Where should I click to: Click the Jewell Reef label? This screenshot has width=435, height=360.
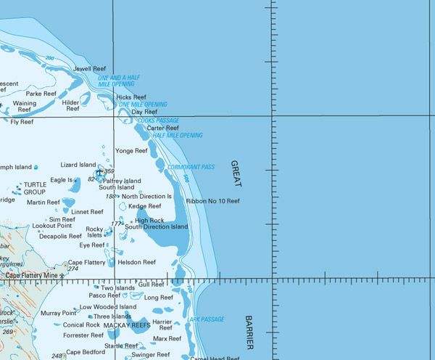click(90, 69)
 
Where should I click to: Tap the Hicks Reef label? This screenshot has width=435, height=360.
click(131, 97)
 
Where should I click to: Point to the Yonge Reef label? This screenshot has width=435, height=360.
click(131, 151)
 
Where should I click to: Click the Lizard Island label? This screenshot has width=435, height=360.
click(78, 165)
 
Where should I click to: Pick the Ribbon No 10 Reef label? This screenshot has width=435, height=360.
click(212, 200)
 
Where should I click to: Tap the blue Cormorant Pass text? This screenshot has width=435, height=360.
click(191, 167)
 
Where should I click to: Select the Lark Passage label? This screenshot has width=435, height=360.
click(202, 319)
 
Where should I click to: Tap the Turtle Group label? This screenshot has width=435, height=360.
click(34, 189)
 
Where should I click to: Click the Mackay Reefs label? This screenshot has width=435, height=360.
click(127, 326)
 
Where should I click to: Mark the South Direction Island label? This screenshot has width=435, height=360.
click(156, 226)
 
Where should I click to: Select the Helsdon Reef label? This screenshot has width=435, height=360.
click(138, 262)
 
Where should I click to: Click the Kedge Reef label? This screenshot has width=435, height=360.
click(144, 206)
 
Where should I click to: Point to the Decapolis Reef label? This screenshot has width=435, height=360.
click(60, 236)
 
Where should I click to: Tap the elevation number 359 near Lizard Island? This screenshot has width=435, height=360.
click(109, 171)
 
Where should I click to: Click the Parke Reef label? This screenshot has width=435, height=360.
click(41, 94)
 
